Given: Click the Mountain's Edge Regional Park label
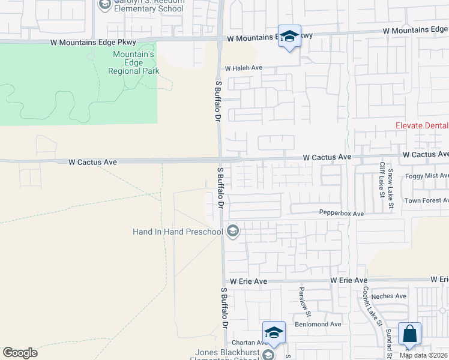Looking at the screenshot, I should pos(134,62).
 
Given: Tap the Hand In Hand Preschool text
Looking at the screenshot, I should pos(177,231).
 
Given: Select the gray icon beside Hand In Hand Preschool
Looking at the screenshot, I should pos(233,231).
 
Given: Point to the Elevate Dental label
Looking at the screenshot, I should pos(422,125).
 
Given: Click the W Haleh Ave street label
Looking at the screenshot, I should pos(244,68).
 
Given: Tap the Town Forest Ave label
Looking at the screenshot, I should pos(426,200).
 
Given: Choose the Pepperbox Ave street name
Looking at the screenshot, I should pos(342,214).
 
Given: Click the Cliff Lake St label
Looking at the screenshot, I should pos(382,179).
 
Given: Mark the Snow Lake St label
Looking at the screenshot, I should pos(391,188).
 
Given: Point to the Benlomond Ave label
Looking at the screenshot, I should pos(318,324).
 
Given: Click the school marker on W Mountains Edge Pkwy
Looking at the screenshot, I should pos(289,36).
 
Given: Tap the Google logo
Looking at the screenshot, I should pos(20,352).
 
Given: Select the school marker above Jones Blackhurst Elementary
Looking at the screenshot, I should pos(274,332).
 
